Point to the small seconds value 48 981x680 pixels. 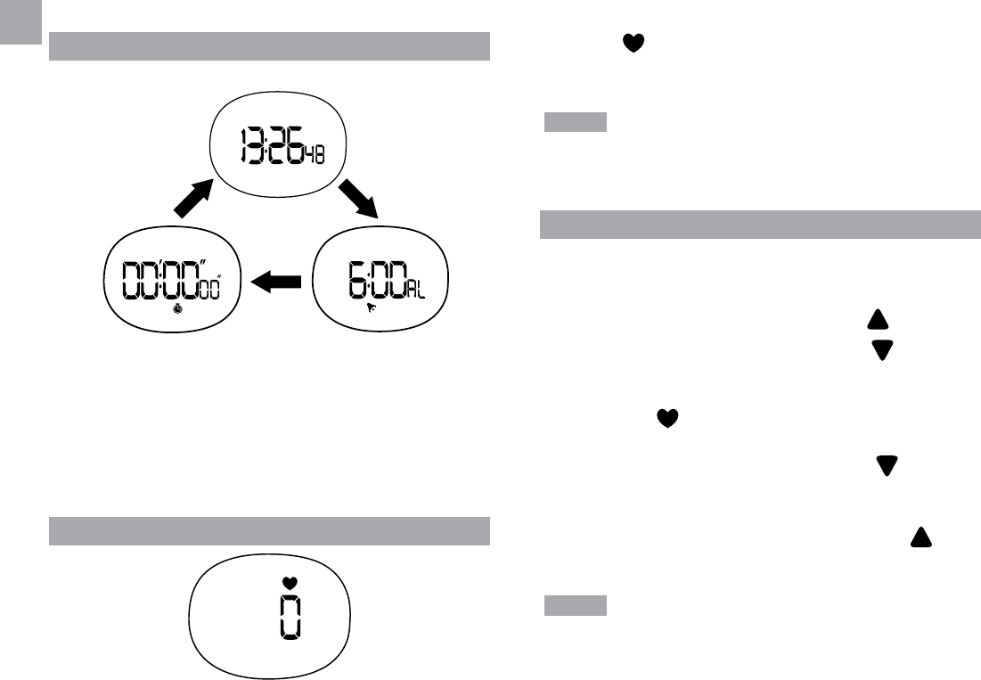pyautogui.click(x=315, y=154)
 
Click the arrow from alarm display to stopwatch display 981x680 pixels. pyautogui.click(x=277, y=283)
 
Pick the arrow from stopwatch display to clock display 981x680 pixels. pyautogui.click(x=193, y=198)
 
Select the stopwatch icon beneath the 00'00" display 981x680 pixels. pyautogui.click(x=178, y=309)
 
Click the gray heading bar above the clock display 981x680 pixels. pyautogui.click(x=269, y=46)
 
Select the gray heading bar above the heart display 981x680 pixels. pyautogui.click(x=269, y=530)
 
